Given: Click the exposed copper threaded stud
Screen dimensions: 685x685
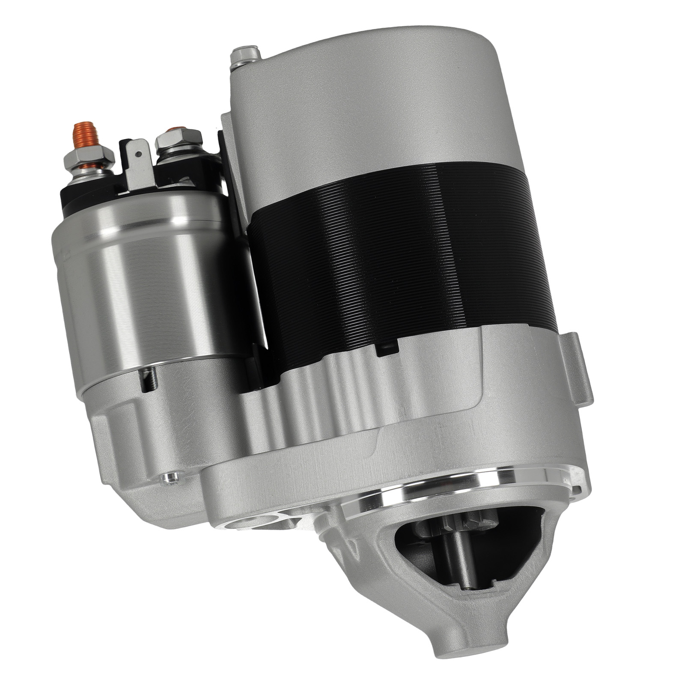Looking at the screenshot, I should (x=82, y=134).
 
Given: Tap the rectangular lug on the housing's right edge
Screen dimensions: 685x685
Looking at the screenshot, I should (x=578, y=368).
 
